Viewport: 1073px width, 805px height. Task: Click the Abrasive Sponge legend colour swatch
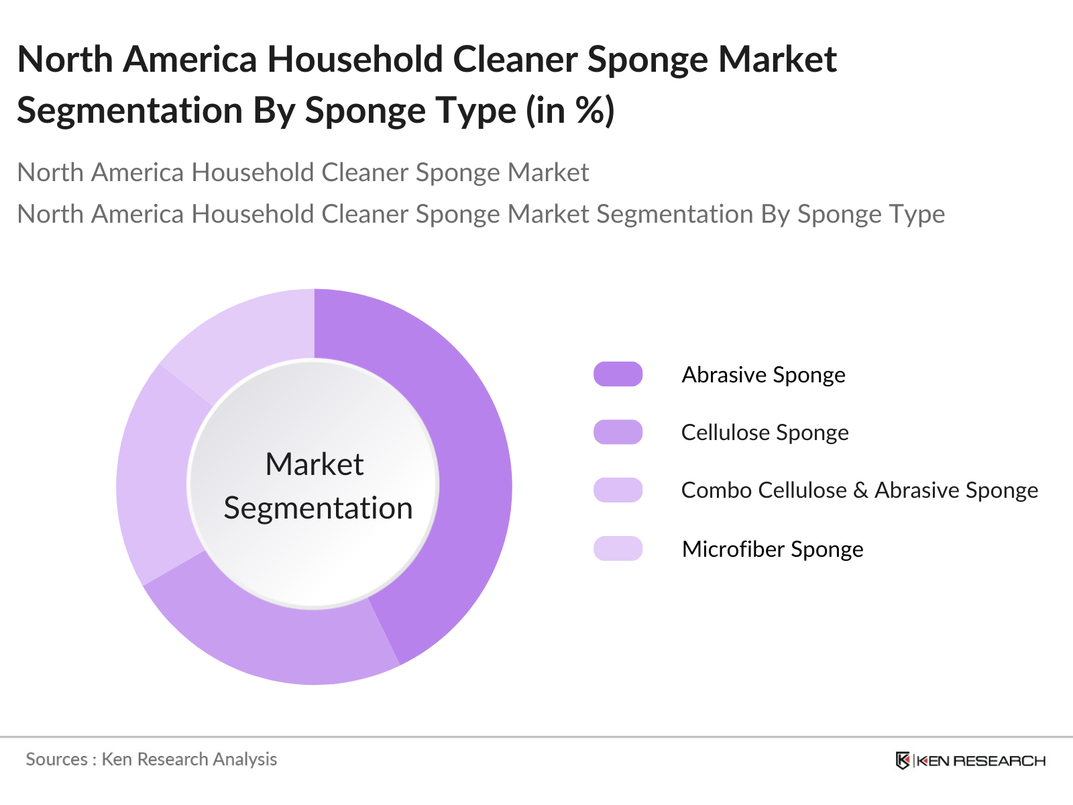pyautogui.click(x=618, y=374)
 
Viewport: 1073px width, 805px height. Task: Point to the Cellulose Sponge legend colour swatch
pyautogui.click(x=618, y=432)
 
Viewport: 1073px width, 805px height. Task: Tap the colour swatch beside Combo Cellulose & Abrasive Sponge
pyautogui.click(x=618, y=490)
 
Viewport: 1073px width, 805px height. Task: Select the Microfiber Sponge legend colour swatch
pyautogui.click(x=618, y=549)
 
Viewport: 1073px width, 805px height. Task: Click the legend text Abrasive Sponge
pyautogui.click(x=763, y=375)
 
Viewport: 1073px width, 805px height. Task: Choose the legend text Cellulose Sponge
pyautogui.click(x=765, y=433)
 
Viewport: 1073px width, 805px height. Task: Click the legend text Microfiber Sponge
pyautogui.click(x=772, y=549)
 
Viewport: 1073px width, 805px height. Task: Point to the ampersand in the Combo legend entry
pyautogui.click(x=860, y=491)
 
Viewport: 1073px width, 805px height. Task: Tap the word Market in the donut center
pyautogui.click(x=315, y=464)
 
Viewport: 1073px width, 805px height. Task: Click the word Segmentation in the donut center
pyautogui.click(x=318, y=508)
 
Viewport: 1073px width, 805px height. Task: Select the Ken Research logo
pyautogui.click(x=970, y=761)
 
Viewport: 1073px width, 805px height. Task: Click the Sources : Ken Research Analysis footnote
pyautogui.click(x=152, y=759)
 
